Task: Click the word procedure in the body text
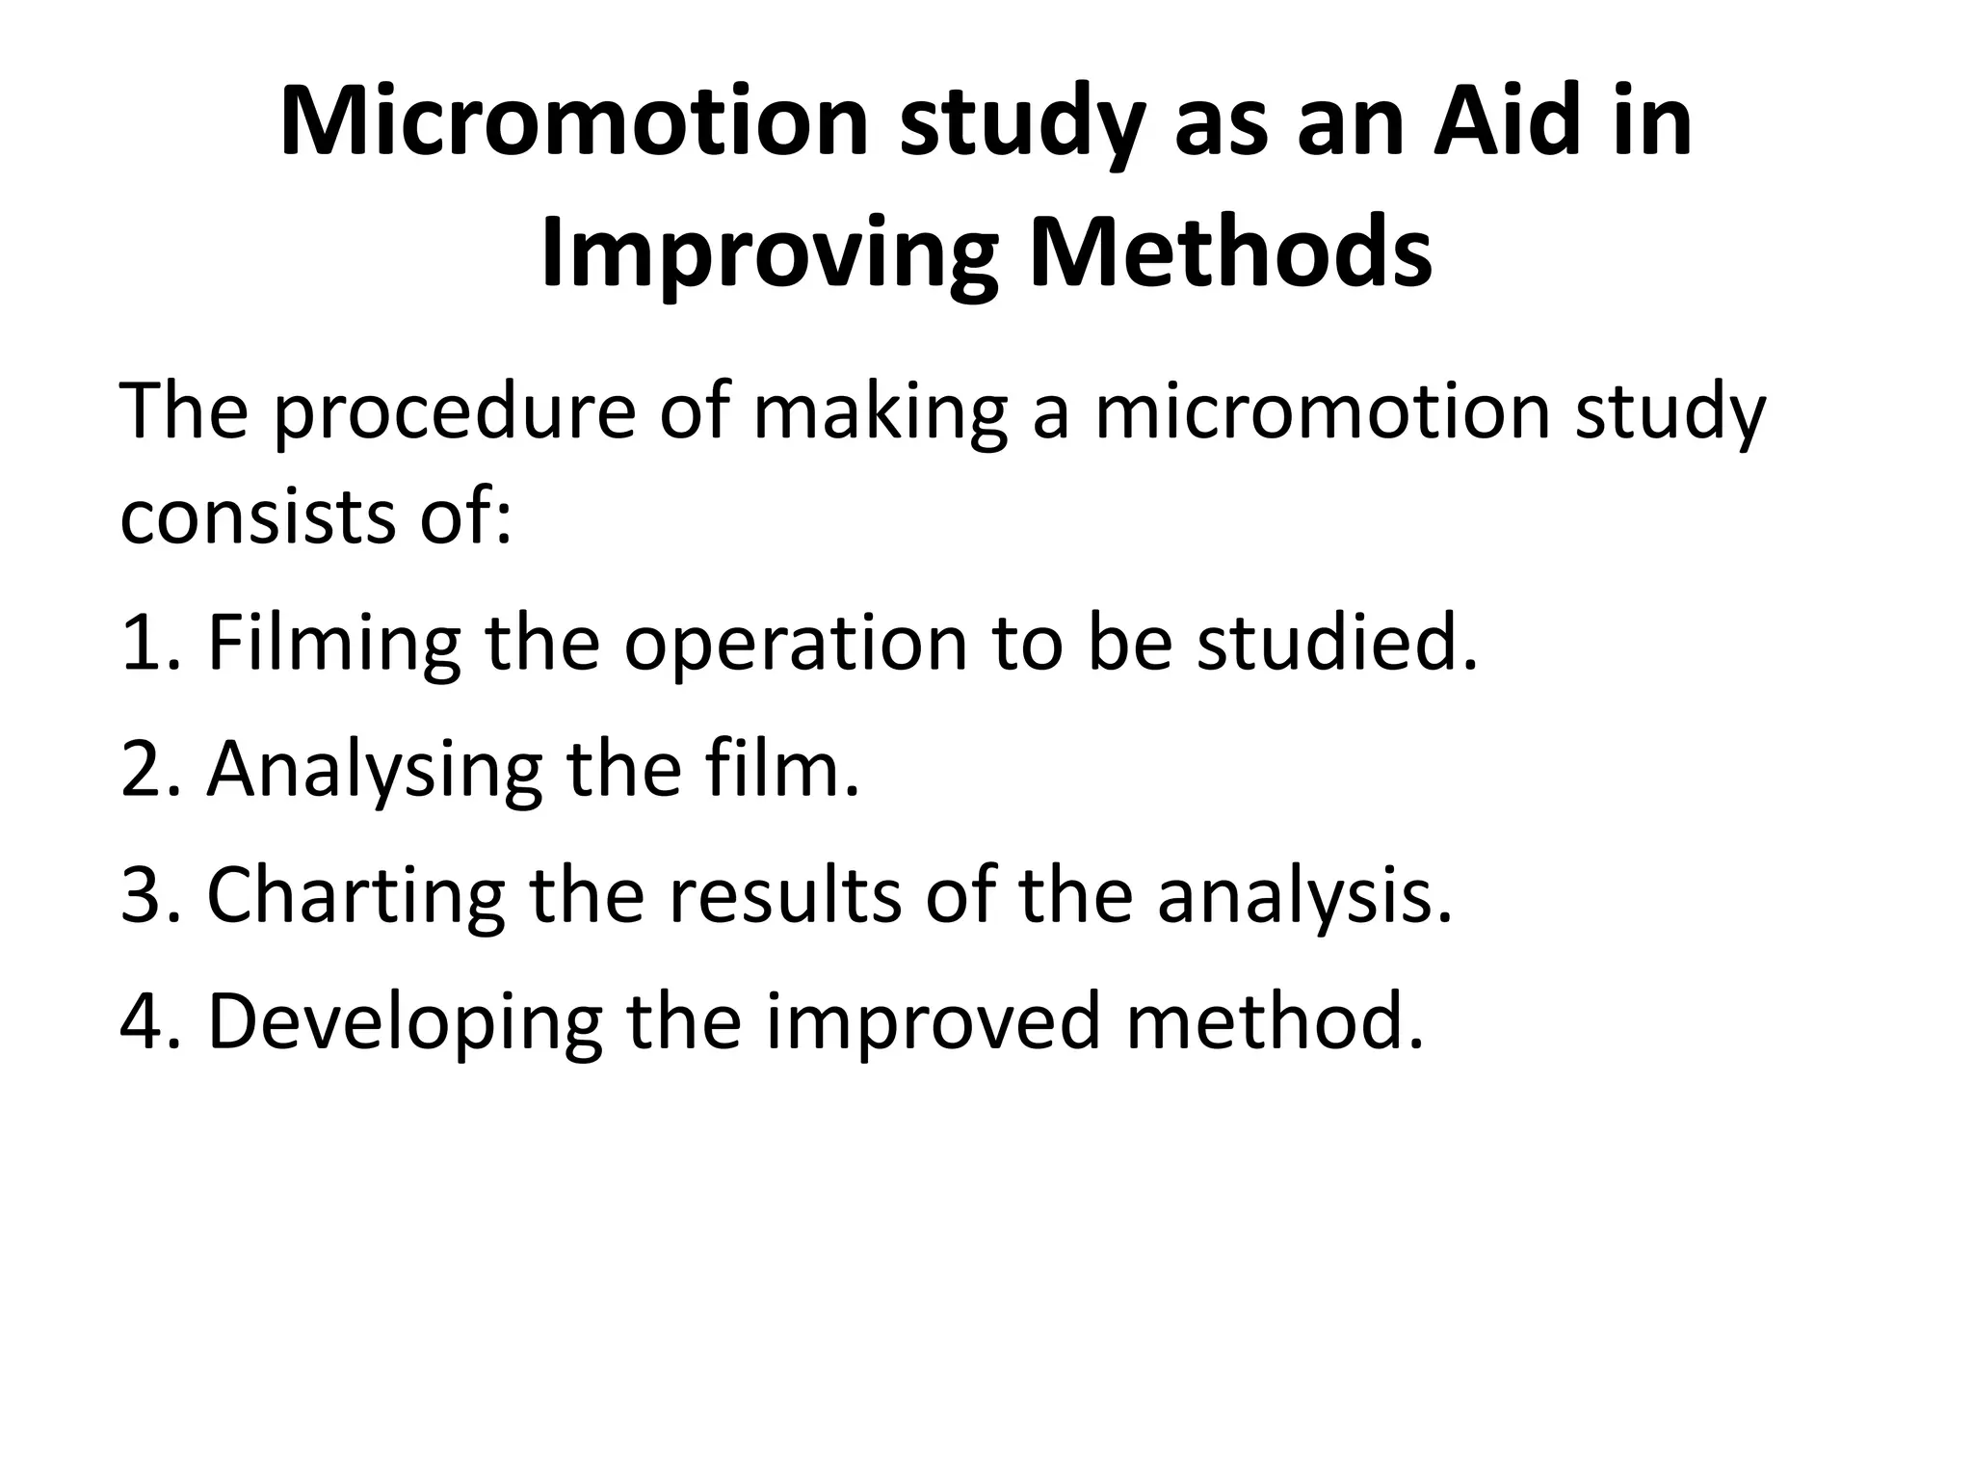tap(454, 413)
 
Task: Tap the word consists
tap(256, 515)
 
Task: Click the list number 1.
tap(145, 644)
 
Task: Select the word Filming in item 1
tap(333, 644)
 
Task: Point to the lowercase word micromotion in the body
tap(1321, 413)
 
